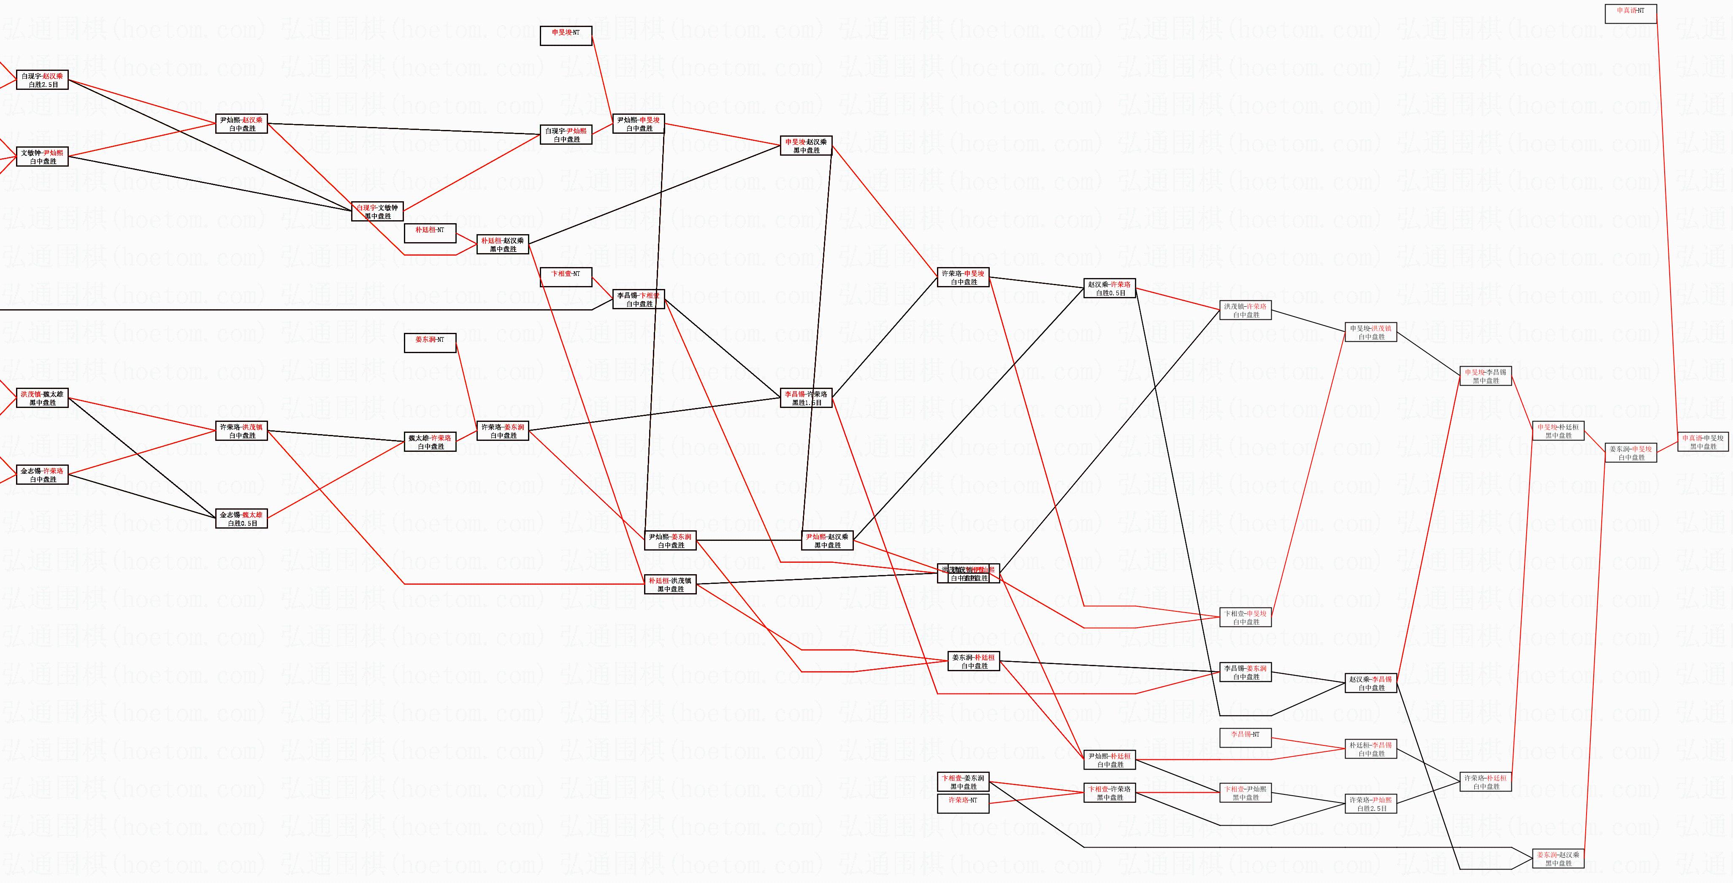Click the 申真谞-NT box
(x=1630, y=14)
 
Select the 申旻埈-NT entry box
(x=566, y=35)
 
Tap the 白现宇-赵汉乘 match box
(x=42, y=81)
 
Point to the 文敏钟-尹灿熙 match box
(x=42, y=157)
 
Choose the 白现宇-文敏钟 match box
(x=377, y=212)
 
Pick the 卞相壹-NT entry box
(x=566, y=277)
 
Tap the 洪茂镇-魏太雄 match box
(x=42, y=398)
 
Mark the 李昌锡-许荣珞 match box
(x=806, y=398)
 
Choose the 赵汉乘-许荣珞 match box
(x=1110, y=289)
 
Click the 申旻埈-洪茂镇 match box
(x=1370, y=332)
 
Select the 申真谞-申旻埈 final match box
(x=1703, y=442)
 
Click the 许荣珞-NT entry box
(x=964, y=803)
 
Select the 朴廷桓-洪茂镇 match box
(x=670, y=584)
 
